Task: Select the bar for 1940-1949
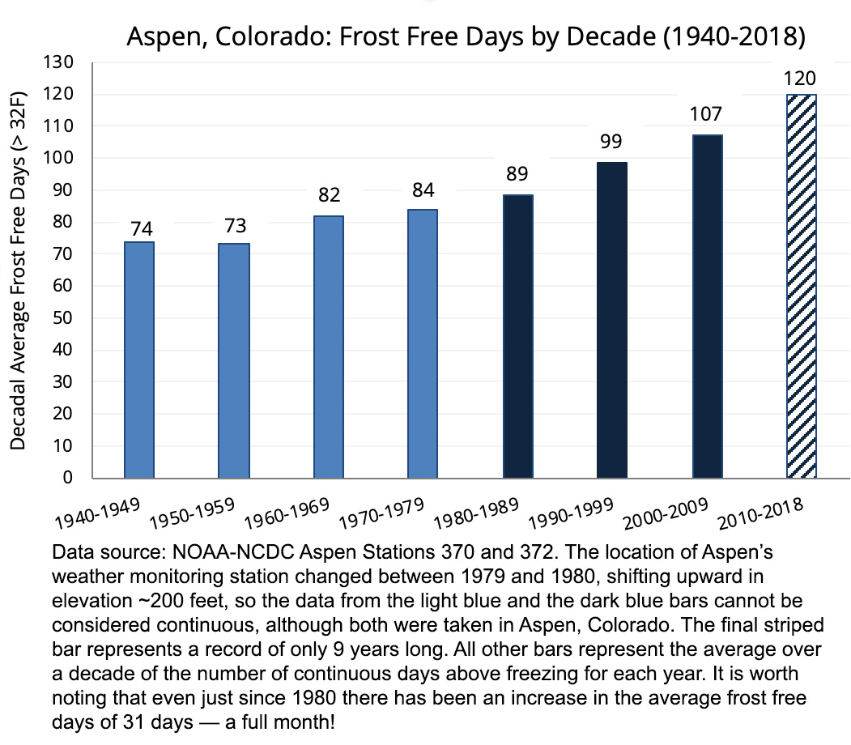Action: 139,360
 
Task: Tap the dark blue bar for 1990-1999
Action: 612,320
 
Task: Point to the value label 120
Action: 801,79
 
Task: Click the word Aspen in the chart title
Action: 162,38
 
